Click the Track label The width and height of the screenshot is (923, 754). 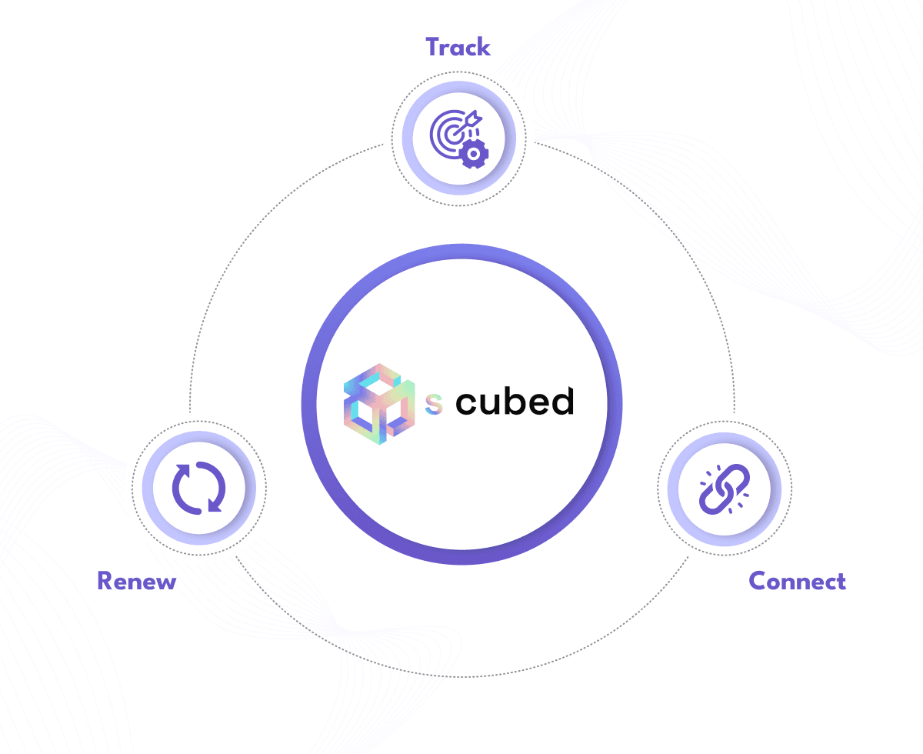tap(458, 47)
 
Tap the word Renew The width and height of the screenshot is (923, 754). tap(137, 581)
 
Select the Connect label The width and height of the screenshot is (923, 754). tap(797, 581)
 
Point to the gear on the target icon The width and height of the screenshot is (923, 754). tap(474, 154)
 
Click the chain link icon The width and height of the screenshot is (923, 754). tap(724, 488)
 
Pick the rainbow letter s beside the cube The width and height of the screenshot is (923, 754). tap(435, 405)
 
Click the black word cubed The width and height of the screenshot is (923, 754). tap(515, 402)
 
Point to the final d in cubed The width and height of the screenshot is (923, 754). tap(564, 400)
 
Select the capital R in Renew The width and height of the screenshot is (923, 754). tap(105, 581)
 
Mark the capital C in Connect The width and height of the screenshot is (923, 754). tap(758, 581)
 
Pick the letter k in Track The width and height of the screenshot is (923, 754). tap(484, 47)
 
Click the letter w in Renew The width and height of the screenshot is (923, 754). tap(166, 582)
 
